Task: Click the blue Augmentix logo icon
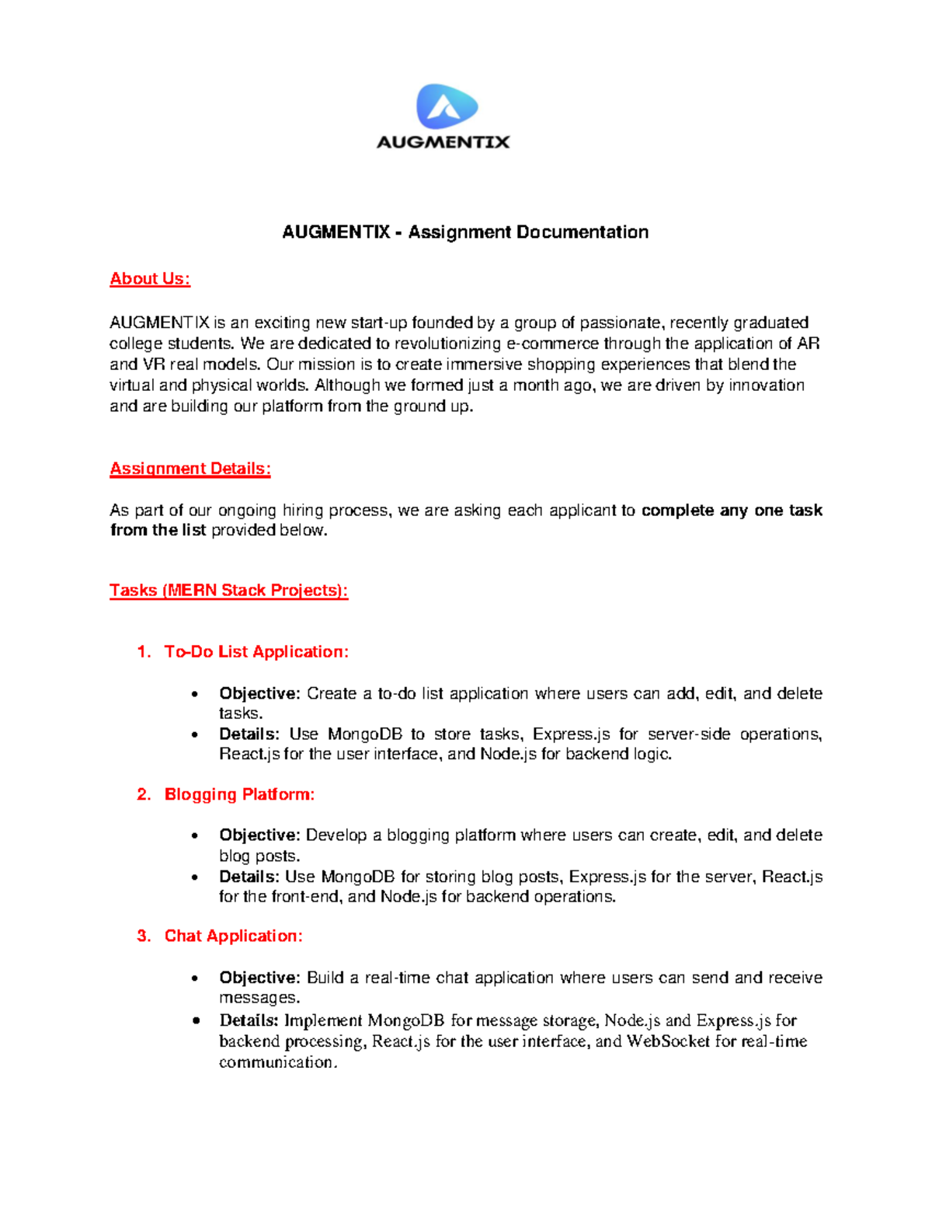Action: pyautogui.click(x=447, y=106)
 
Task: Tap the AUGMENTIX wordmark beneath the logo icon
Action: pyautogui.click(x=443, y=142)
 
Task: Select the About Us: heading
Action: pyautogui.click(x=150, y=279)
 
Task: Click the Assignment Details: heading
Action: pyautogui.click(x=190, y=469)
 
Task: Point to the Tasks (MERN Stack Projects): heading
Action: pyautogui.click(x=228, y=591)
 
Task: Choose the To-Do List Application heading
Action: pyautogui.click(x=256, y=652)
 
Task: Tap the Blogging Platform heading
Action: pyautogui.click(x=239, y=794)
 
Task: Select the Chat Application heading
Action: pyautogui.click(x=233, y=937)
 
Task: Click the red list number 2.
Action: pyautogui.click(x=143, y=794)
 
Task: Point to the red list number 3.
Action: pyautogui.click(x=143, y=937)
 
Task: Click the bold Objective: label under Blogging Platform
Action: pyautogui.click(x=259, y=835)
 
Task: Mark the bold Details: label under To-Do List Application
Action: pyautogui.click(x=249, y=734)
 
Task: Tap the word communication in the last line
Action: pyautogui.click(x=277, y=1062)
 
